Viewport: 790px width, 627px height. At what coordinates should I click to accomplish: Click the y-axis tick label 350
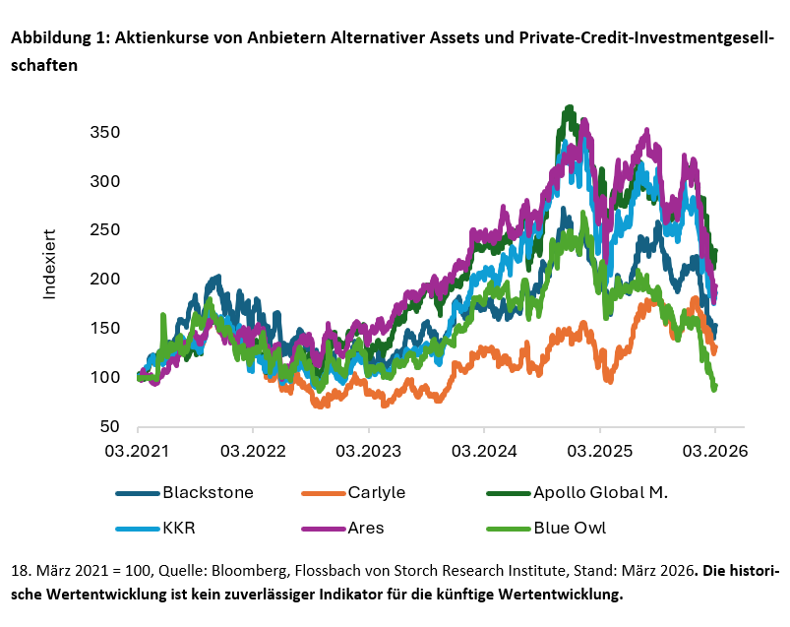tap(106, 133)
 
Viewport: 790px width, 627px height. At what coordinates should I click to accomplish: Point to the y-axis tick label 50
tap(110, 426)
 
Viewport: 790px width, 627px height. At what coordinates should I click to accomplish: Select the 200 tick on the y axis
tap(106, 280)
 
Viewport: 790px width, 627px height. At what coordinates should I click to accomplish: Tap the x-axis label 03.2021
tap(138, 451)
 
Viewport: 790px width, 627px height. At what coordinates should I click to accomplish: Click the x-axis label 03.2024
tap(483, 451)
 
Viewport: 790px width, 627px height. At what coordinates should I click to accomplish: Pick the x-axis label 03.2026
tap(714, 451)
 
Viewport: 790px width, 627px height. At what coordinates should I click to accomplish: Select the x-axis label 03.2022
tap(253, 451)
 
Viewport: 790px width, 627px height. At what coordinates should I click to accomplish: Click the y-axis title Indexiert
tap(50, 266)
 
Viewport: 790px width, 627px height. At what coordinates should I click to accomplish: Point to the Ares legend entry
tap(366, 528)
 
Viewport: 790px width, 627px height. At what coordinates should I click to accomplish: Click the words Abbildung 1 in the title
tap(58, 38)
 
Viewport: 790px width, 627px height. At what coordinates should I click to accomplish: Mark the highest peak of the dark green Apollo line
tap(569, 107)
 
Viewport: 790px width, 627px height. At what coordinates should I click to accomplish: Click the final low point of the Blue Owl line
tap(713, 390)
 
